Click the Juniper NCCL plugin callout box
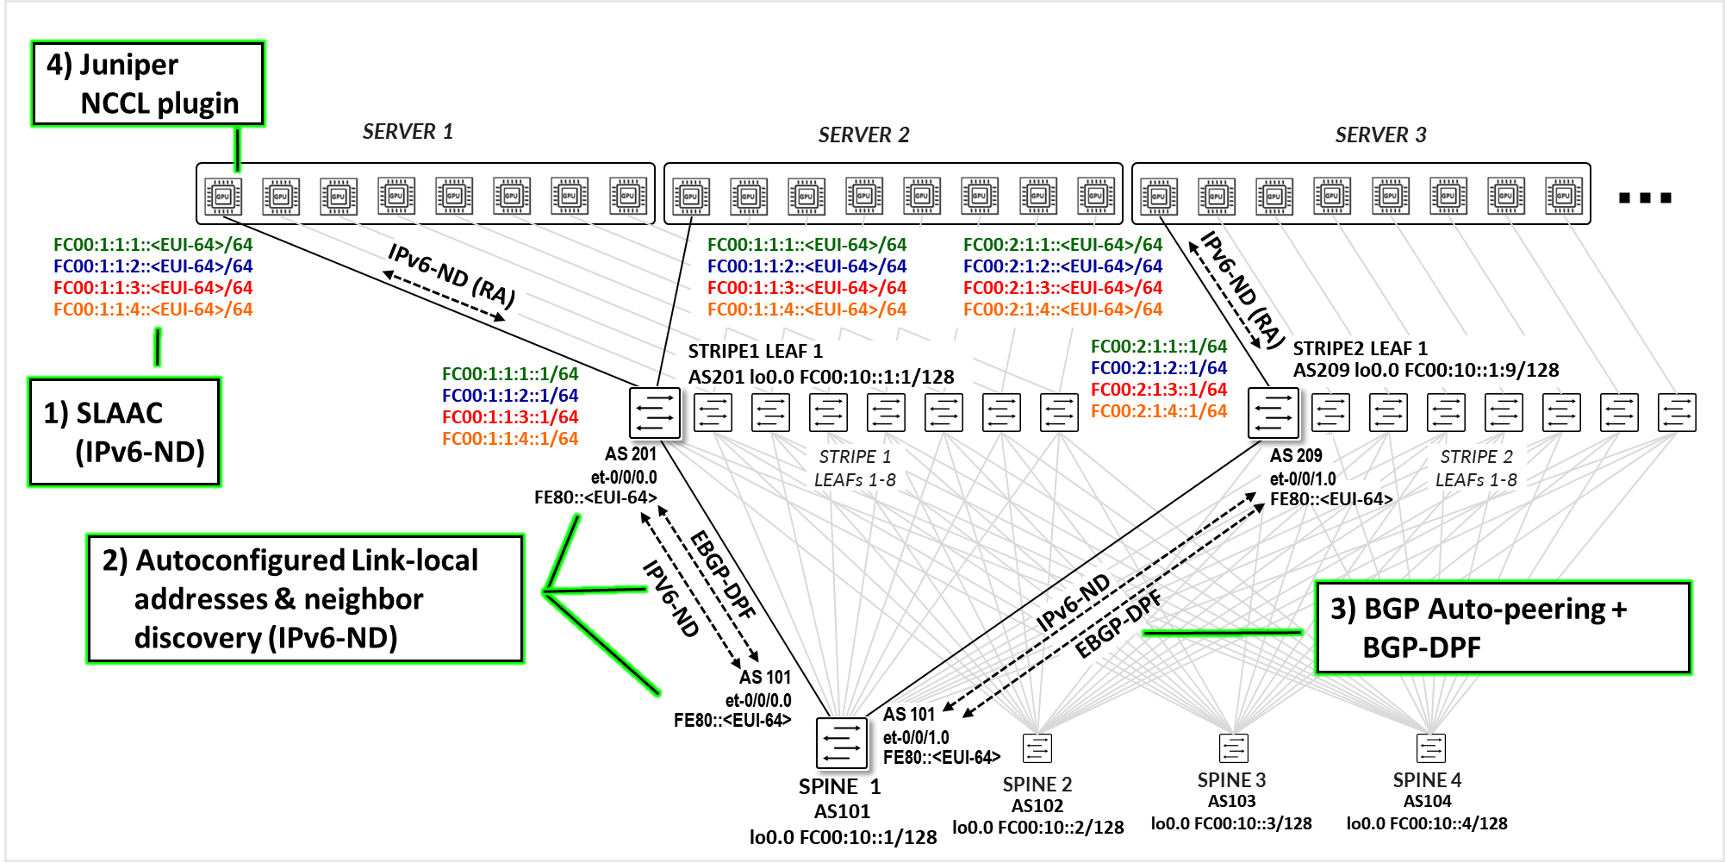tap(147, 84)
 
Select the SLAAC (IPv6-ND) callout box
tap(124, 432)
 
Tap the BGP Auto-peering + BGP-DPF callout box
tap(1503, 628)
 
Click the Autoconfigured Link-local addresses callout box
tap(305, 598)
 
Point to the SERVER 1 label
tap(408, 132)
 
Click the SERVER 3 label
tap(1380, 134)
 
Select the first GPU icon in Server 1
tap(223, 196)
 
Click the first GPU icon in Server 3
tap(1158, 196)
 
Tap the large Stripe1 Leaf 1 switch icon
tap(655, 412)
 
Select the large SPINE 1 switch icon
tap(841, 742)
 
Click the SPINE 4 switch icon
tap(1430, 747)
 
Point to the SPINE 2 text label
tap(1037, 785)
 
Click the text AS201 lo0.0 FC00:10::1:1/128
tap(820, 377)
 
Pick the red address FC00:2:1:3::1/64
tap(1158, 390)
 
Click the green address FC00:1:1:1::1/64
tap(509, 374)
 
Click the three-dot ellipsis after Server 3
tap(1644, 198)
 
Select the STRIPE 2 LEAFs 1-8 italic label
tap(1476, 468)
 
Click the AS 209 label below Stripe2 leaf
tap(1295, 455)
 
